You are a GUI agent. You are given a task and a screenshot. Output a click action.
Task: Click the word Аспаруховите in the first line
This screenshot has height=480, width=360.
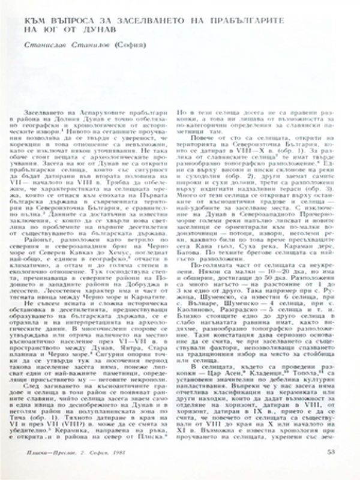105,112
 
